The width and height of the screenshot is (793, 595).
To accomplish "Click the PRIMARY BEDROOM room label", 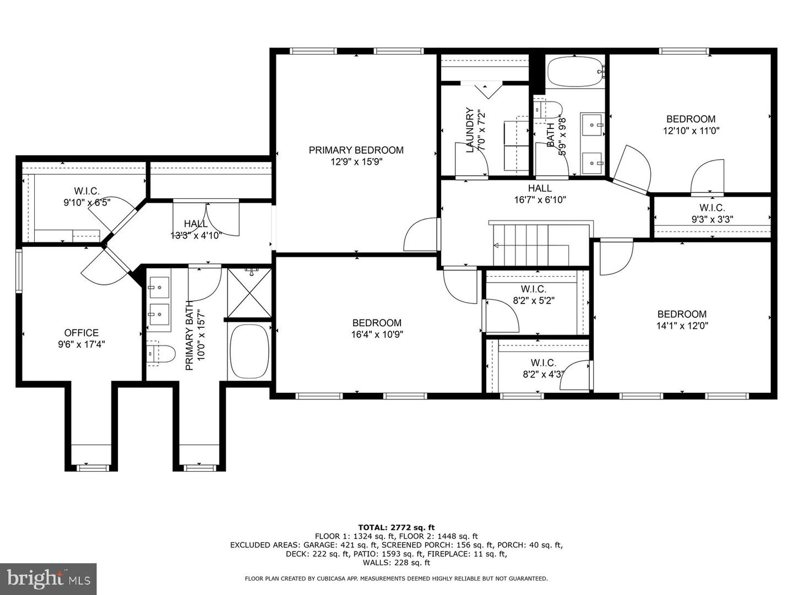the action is coord(356,150).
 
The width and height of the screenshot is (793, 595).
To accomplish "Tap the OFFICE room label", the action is coord(82,333).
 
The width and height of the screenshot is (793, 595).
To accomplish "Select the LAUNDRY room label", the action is coord(470,130).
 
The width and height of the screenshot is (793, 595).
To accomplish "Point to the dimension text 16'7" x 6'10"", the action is coord(540,199).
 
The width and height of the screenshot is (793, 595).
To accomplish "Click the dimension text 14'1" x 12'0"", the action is coord(682,326).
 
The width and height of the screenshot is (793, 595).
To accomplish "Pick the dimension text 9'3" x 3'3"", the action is coord(712,219).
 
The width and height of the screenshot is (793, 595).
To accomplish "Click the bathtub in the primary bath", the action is coord(249,351).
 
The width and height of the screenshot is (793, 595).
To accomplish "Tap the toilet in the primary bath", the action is coord(160,353).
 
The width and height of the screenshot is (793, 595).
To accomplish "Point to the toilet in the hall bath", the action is coord(548,110).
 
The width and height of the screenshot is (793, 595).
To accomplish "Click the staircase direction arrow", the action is coord(531,246).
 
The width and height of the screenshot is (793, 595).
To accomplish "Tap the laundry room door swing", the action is coord(471,159).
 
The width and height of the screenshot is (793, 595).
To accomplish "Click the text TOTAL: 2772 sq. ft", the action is coord(396,527).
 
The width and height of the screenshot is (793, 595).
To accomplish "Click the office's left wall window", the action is coord(18,270).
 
